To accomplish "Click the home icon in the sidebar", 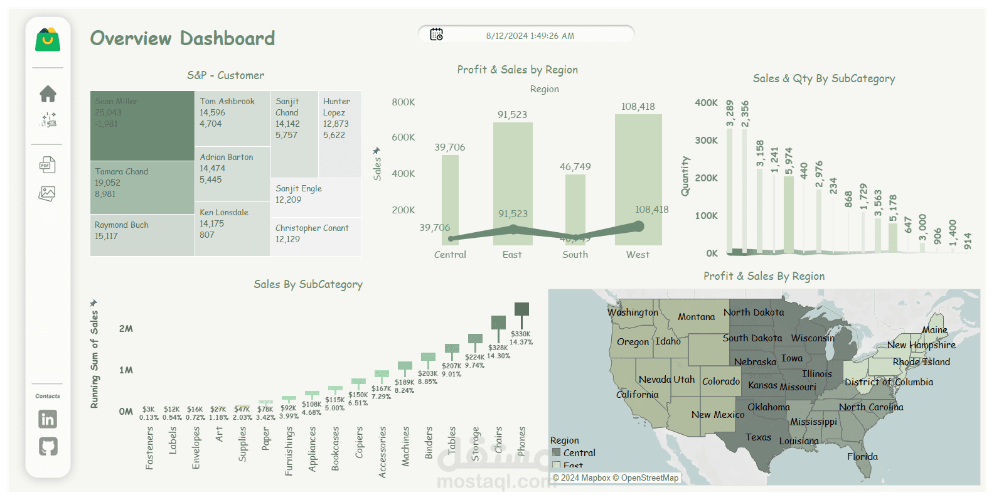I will click(48, 94).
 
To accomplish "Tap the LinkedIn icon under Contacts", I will click(48, 419).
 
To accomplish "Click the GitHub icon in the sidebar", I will click(48, 446).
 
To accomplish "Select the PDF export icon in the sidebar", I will click(48, 165).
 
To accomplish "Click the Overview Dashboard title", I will click(183, 38).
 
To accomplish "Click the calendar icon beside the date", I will click(436, 35).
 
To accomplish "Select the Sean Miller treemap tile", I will click(142, 125).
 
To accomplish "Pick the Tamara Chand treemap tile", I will click(142, 187).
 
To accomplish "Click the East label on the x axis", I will click(512, 255).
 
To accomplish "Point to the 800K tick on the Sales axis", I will click(403, 102).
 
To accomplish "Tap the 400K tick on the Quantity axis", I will click(706, 103).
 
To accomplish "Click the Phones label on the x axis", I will click(521, 441).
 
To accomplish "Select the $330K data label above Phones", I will click(520, 334).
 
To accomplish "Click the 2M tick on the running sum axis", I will click(126, 329).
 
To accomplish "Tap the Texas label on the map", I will click(758, 437).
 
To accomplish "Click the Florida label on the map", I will click(862, 456).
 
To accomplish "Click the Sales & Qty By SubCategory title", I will click(824, 78).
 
